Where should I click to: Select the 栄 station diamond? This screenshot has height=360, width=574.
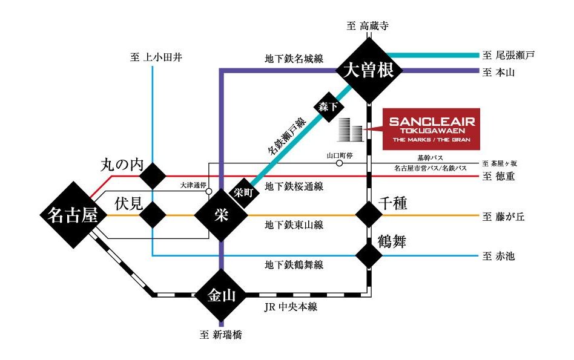pos(220,216)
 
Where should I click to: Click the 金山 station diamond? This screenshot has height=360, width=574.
pos(220,296)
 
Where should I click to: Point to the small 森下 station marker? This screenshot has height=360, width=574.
pos(324,107)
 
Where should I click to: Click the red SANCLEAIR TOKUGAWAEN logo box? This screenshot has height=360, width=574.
pos(432,129)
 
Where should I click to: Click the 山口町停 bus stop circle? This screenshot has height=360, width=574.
pos(340,163)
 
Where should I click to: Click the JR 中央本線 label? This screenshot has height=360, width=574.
pos(291,307)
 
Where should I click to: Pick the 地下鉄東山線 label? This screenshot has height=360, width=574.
pos(294,225)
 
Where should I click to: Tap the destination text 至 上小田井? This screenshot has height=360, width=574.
pos(156,57)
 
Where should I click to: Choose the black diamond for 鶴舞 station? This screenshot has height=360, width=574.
pos(369,255)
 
